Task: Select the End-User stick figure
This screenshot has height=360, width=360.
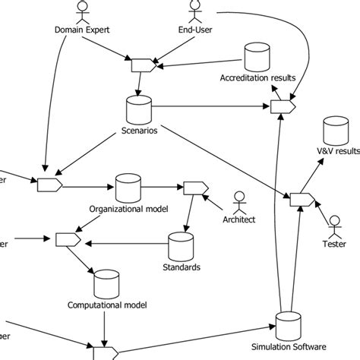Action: (194, 11)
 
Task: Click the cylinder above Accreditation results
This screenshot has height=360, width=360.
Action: (254, 57)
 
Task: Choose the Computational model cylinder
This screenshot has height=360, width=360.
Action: (103, 286)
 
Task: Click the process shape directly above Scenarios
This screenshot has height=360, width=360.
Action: (144, 66)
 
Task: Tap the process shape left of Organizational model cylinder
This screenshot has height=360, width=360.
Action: (49, 184)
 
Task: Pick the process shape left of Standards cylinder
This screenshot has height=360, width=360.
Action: (68, 240)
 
